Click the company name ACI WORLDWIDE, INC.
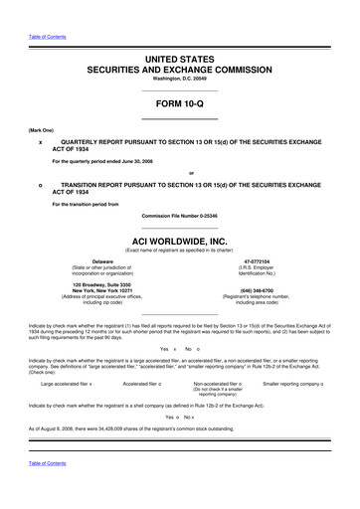(179, 241)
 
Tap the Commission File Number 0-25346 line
(179, 215)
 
